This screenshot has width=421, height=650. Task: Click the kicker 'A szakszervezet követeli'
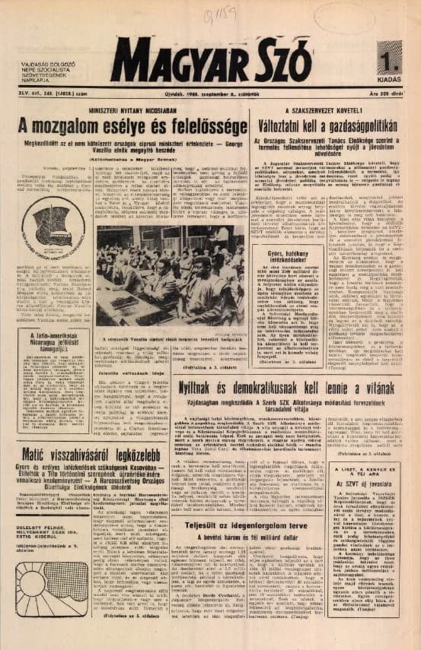pos(327,109)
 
